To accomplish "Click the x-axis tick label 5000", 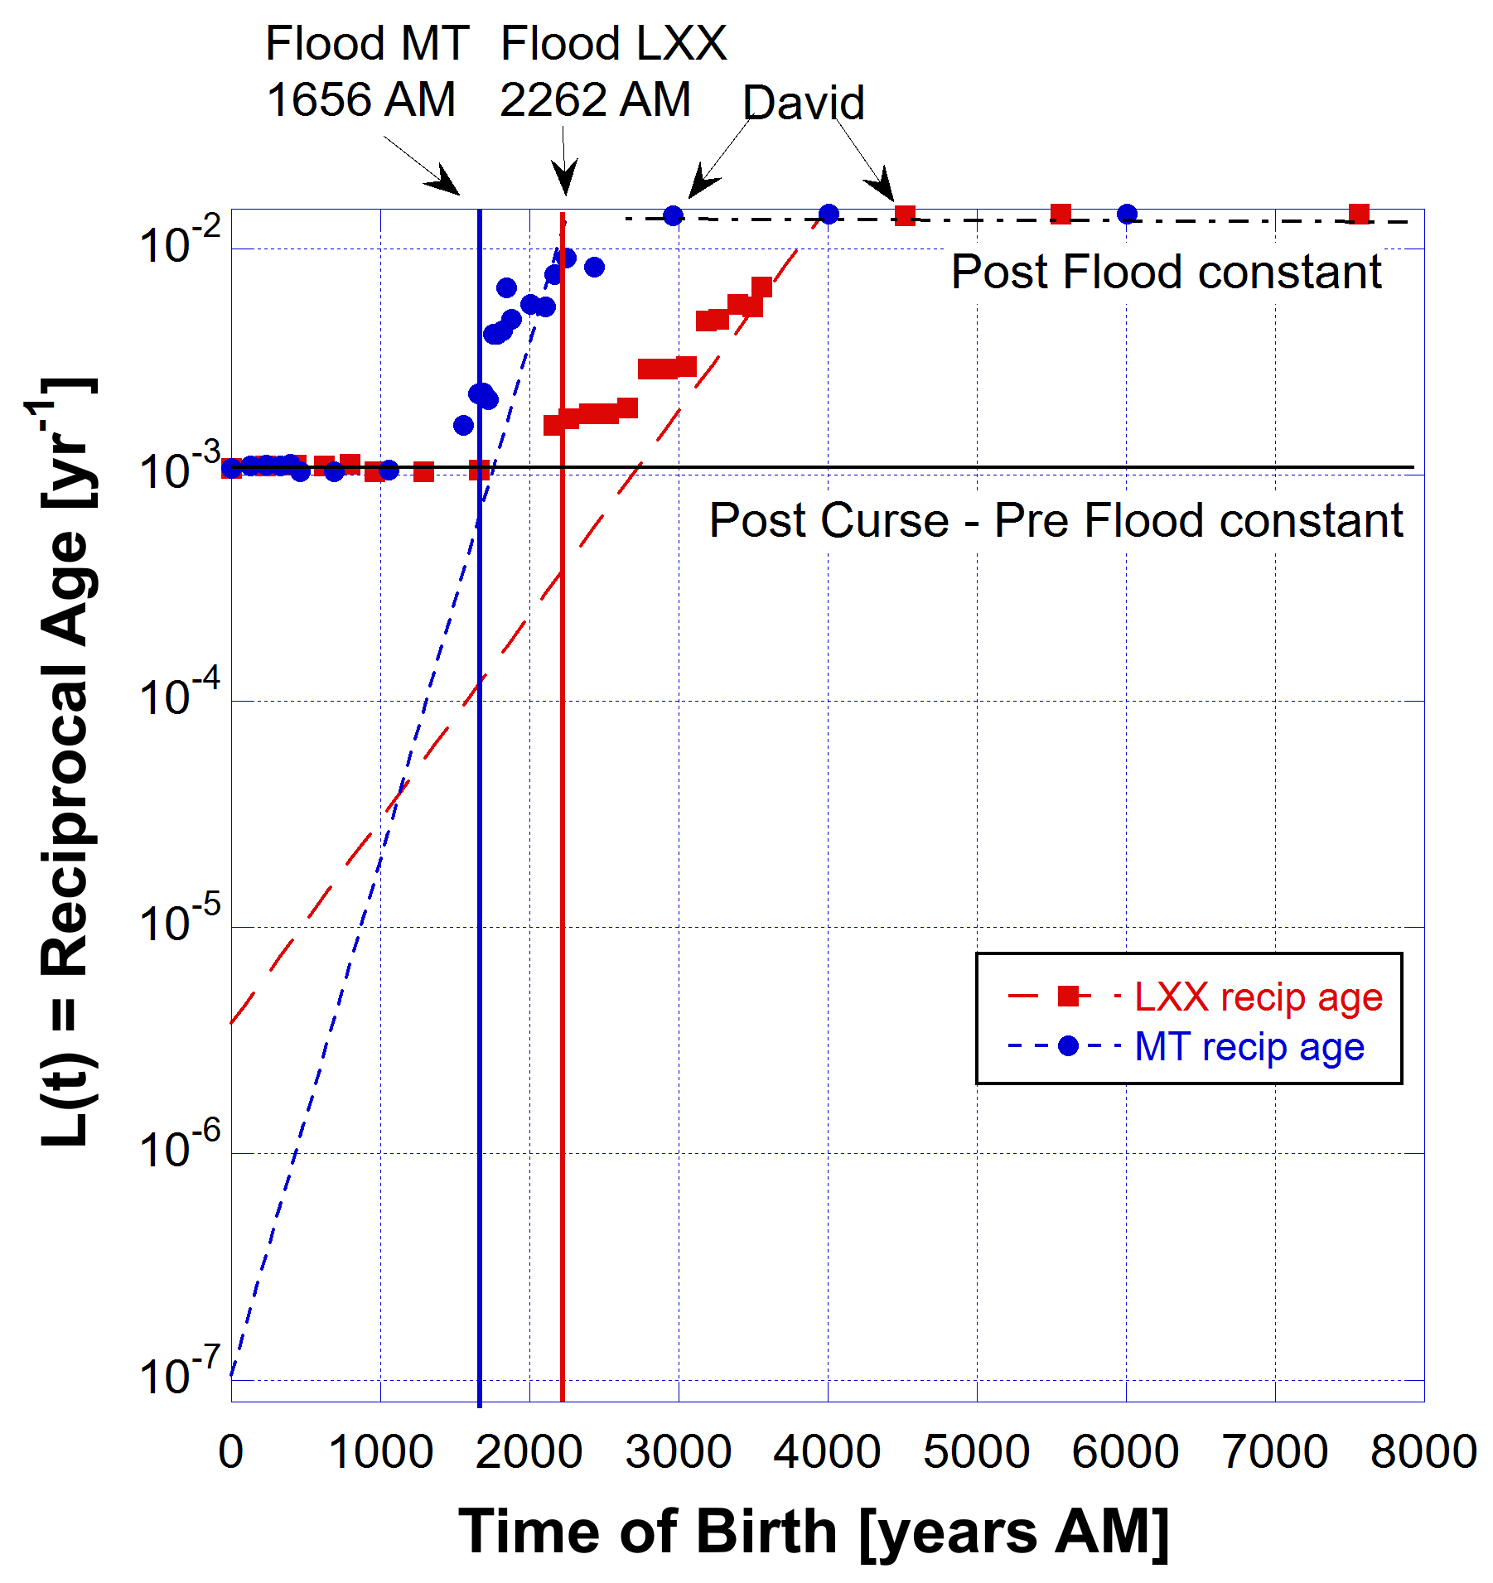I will pyautogui.click(x=976, y=1451).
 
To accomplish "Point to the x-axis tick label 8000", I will pyautogui.click(x=1423, y=1451).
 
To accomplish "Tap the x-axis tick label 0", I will pyautogui.click(x=231, y=1451).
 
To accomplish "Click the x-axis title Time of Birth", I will pyautogui.click(x=814, y=1531).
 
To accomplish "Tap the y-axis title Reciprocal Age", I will pyautogui.click(x=66, y=762).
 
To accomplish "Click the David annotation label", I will pyautogui.click(x=803, y=104).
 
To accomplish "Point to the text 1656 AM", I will pyautogui.click(x=361, y=100).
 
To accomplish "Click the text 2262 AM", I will pyautogui.click(x=595, y=100).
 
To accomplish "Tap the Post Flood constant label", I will pyautogui.click(x=1166, y=272).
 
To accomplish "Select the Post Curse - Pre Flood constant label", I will pyautogui.click(x=1056, y=520).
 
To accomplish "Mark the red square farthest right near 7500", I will pyautogui.click(x=1359, y=215).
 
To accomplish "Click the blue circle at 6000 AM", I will pyautogui.click(x=1127, y=215).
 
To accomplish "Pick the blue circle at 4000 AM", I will pyautogui.click(x=829, y=215).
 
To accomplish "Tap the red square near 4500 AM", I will pyautogui.click(x=905, y=216).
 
